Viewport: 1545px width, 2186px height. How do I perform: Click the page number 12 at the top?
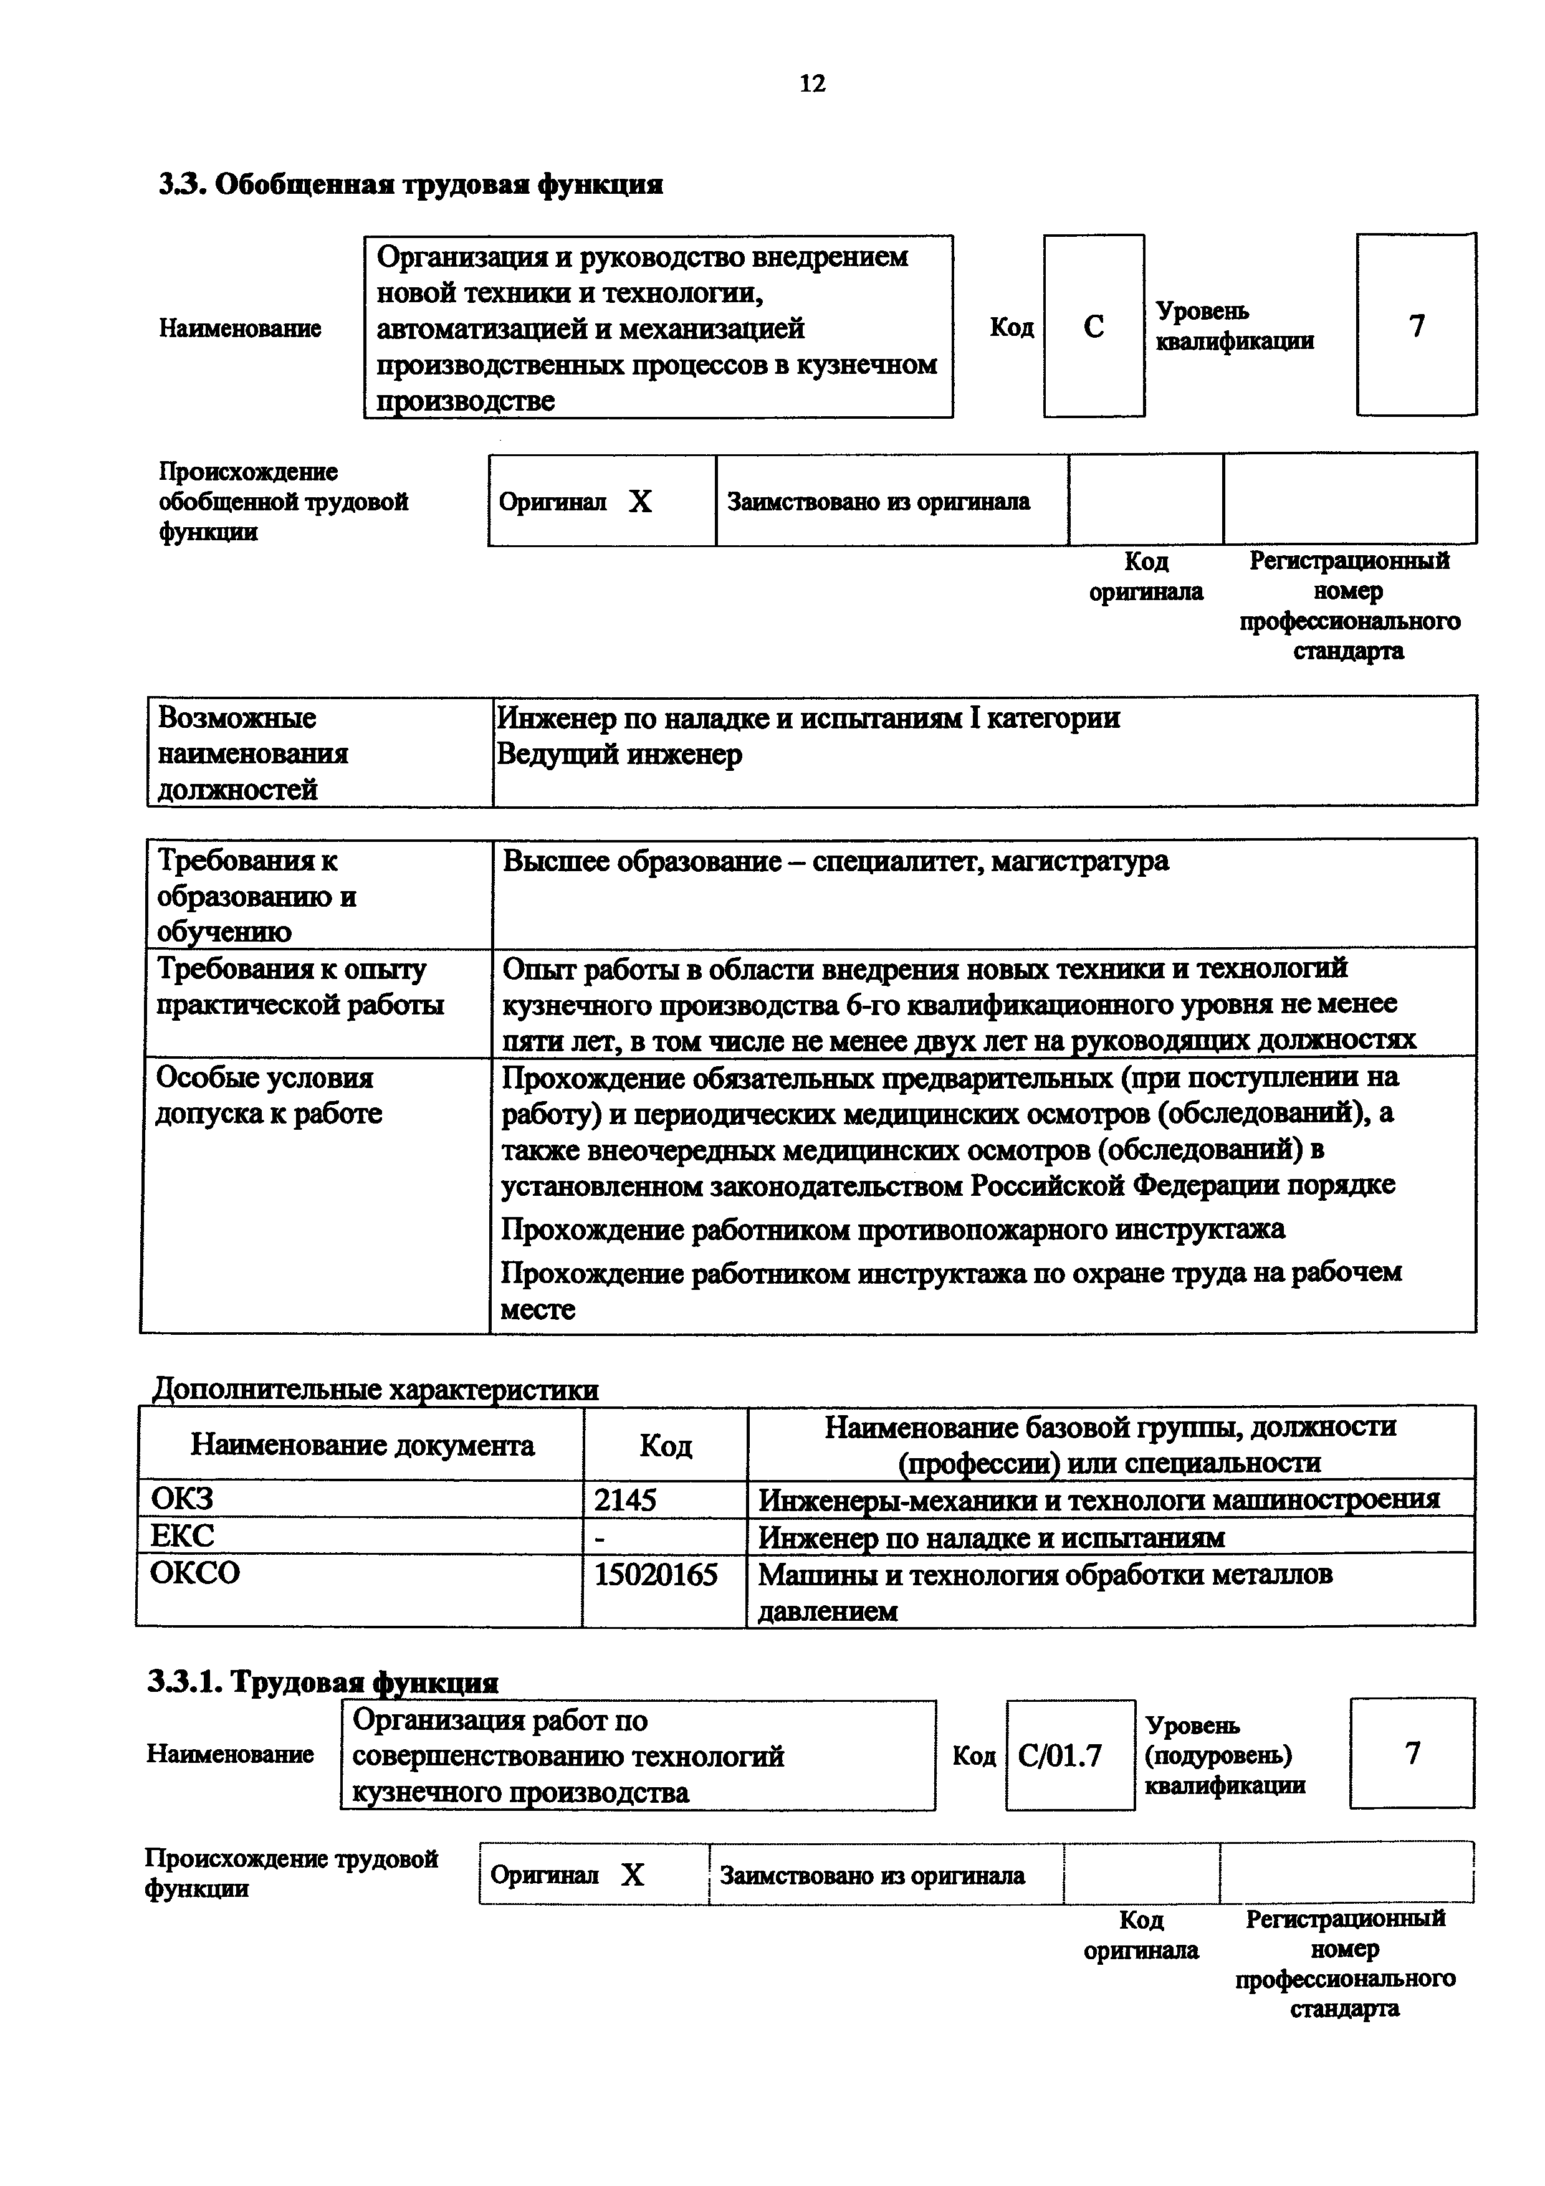(812, 84)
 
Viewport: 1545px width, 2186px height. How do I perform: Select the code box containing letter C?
(1094, 327)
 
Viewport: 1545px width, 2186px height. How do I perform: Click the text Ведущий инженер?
(619, 755)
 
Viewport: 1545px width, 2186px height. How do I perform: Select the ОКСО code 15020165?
(656, 1575)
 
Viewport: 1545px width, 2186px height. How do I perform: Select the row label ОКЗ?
(182, 1499)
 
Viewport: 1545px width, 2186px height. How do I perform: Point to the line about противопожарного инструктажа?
(893, 1229)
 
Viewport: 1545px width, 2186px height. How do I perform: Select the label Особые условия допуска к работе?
(269, 1095)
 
